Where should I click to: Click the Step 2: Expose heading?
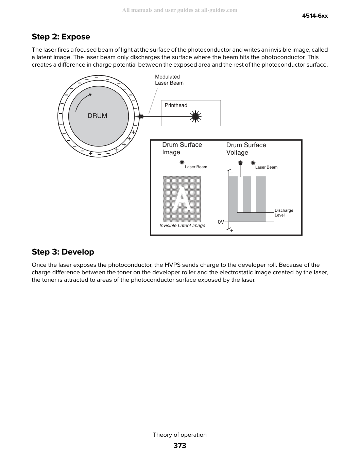click(61, 37)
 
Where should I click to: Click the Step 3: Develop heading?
click(63, 252)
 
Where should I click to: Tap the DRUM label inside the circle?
click(97, 116)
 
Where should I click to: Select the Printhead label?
click(176, 105)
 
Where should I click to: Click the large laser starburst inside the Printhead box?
click(195, 117)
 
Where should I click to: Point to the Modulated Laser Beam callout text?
click(169, 80)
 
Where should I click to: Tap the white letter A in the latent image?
click(182, 198)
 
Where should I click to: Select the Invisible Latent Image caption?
click(182, 225)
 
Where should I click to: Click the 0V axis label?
click(221, 222)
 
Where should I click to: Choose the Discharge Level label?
click(284, 213)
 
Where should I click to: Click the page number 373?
click(180, 446)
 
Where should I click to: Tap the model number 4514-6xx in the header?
click(315, 16)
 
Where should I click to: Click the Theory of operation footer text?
click(180, 435)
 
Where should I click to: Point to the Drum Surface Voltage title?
click(246, 149)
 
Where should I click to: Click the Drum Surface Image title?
click(182, 148)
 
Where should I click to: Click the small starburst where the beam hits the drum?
click(141, 117)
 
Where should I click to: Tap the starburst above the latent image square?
click(182, 162)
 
